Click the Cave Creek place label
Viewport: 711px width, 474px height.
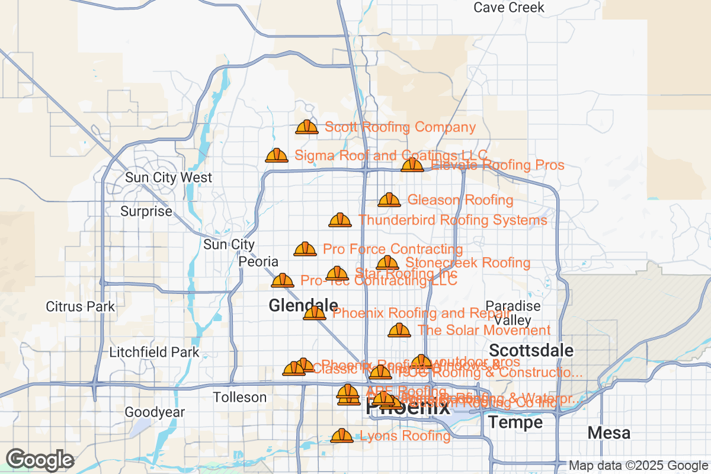pyautogui.click(x=509, y=8)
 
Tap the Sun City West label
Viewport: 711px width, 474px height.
pyautogui.click(x=168, y=178)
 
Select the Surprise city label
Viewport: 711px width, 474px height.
pyautogui.click(x=146, y=212)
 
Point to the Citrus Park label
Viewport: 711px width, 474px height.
pyautogui.click(x=81, y=307)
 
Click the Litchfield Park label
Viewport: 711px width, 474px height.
pyautogui.click(x=155, y=353)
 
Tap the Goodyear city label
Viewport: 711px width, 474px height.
pyautogui.click(x=155, y=412)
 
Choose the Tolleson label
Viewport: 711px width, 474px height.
pyautogui.click(x=239, y=397)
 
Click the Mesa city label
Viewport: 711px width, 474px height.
pyautogui.click(x=609, y=433)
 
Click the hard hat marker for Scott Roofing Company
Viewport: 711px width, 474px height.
pyautogui.click(x=307, y=127)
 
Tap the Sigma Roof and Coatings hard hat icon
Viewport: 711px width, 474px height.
pyautogui.click(x=277, y=155)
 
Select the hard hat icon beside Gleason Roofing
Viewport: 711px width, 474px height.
pyautogui.click(x=389, y=200)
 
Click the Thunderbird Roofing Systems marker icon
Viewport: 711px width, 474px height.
pyautogui.click(x=340, y=220)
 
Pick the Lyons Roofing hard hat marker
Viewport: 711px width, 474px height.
pyautogui.click(x=342, y=435)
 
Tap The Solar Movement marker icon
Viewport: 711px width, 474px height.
pyautogui.click(x=399, y=330)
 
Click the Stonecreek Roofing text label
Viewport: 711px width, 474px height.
pyautogui.click(x=467, y=262)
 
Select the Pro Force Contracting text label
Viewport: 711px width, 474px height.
pyautogui.click(x=392, y=249)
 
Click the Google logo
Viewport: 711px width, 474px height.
pyautogui.click(x=40, y=459)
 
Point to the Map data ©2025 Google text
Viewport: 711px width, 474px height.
pyautogui.click(x=638, y=466)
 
